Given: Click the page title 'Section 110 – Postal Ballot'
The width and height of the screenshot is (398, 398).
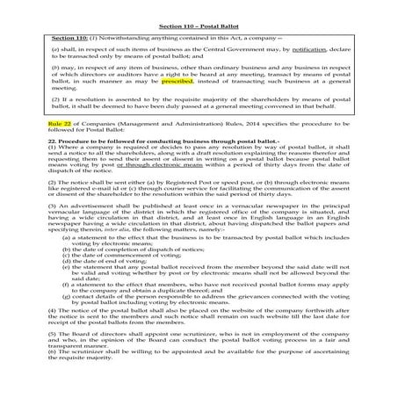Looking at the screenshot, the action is pos(199,28).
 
